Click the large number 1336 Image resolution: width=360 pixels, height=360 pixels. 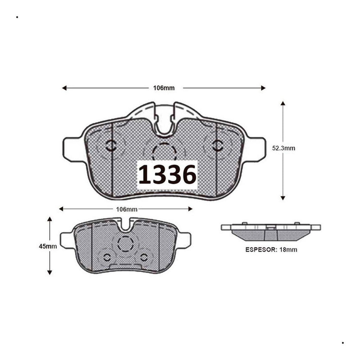[x=167, y=174]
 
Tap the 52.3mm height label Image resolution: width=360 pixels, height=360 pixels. [x=284, y=148]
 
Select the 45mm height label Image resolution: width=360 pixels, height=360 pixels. [x=48, y=246]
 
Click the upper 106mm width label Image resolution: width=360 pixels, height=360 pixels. [x=164, y=88]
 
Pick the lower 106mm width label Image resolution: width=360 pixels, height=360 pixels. [x=127, y=209]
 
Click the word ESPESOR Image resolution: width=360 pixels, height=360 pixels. [x=262, y=250]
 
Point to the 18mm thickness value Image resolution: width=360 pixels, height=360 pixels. [x=288, y=250]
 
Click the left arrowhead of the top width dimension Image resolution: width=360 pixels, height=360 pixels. [x=64, y=88]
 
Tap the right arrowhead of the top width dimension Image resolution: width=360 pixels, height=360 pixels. [x=263, y=88]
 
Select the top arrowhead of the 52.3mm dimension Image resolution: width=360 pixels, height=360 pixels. [x=283, y=103]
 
